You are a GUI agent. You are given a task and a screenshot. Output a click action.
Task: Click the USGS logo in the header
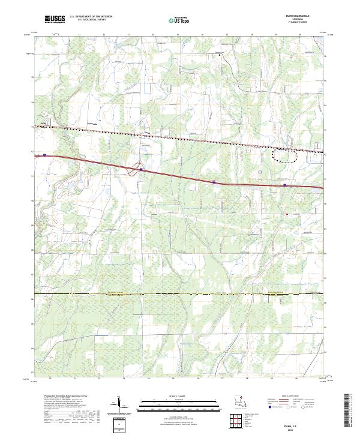click(x=55, y=20)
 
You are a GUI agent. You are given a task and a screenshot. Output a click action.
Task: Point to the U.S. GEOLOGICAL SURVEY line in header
click(x=88, y=20)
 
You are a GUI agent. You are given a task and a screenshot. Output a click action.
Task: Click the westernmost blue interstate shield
click(x=45, y=154)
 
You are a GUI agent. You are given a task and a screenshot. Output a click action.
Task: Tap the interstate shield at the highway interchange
click(x=140, y=169)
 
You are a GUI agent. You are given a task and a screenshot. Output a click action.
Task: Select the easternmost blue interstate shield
click(x=285, y=185)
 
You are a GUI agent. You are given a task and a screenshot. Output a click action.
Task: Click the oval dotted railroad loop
click(x=284, y=154)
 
